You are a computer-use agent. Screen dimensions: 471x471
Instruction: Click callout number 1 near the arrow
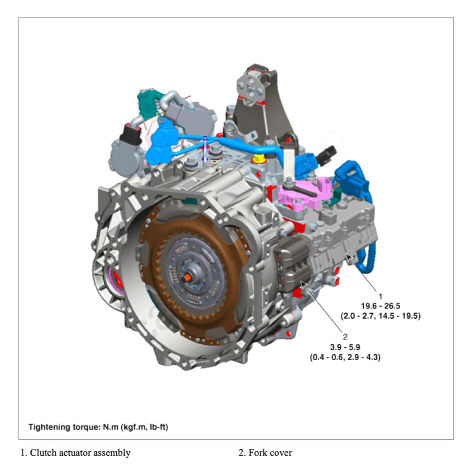click(x=380, y=297)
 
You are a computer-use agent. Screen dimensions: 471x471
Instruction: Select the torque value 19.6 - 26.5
click(x=380, y=306)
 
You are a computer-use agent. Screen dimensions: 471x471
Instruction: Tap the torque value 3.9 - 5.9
click(x=345, y=346)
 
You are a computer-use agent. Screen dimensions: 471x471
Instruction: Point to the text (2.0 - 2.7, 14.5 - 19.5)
click(x=380, y=316)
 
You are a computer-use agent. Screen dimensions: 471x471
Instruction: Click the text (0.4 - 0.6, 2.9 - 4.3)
click(x=345, y=356)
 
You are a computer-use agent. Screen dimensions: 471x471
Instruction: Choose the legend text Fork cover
click(x=270, y=453)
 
